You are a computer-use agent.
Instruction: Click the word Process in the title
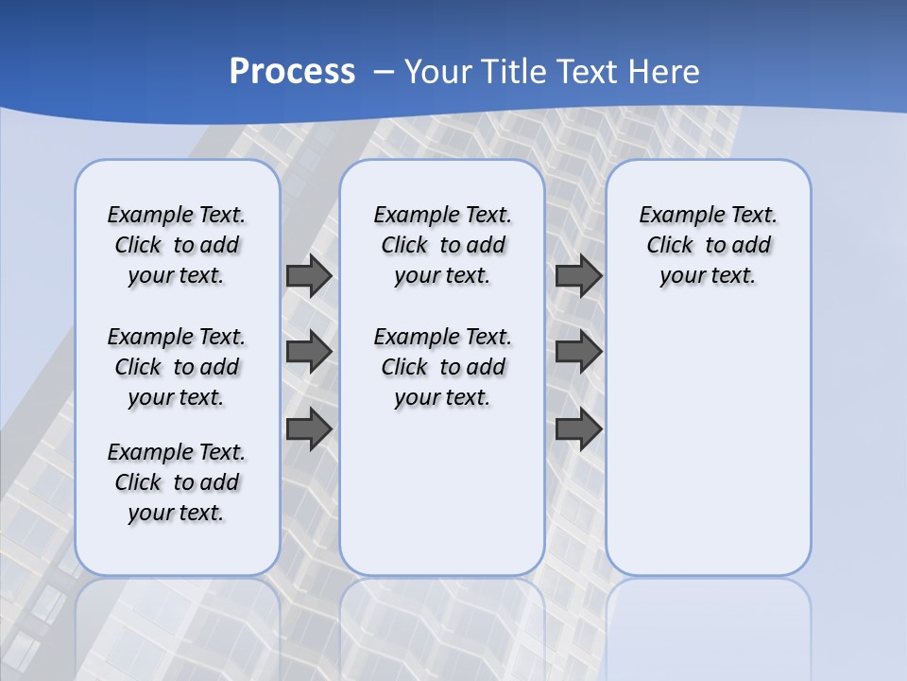click(292, 72)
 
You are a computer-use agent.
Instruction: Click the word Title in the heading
click(515, 72)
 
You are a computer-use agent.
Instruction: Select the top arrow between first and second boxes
click(309, 275)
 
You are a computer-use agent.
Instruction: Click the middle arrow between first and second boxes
click(309, 352)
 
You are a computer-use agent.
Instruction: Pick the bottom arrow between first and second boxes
click(309, 429)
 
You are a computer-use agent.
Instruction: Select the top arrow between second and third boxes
click(578, 275)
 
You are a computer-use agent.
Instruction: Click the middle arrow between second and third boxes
click(578, 352)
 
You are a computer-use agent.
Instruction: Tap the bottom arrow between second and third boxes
click(578, 429)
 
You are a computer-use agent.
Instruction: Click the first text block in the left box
click(177, 245)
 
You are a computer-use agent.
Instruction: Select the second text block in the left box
click(177, 367)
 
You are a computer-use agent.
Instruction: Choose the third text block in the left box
click(177, 482)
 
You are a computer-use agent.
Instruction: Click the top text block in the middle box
click(442, 245)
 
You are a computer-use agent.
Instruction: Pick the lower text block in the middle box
click(442, 367)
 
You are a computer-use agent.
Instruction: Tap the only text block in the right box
click(708, 245)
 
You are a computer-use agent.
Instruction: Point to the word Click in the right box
click(670, 246)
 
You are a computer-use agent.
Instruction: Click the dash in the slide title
click(383, 72)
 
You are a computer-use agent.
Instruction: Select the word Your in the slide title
click(438, 72)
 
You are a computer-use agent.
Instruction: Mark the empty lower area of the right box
click(708, 445)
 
